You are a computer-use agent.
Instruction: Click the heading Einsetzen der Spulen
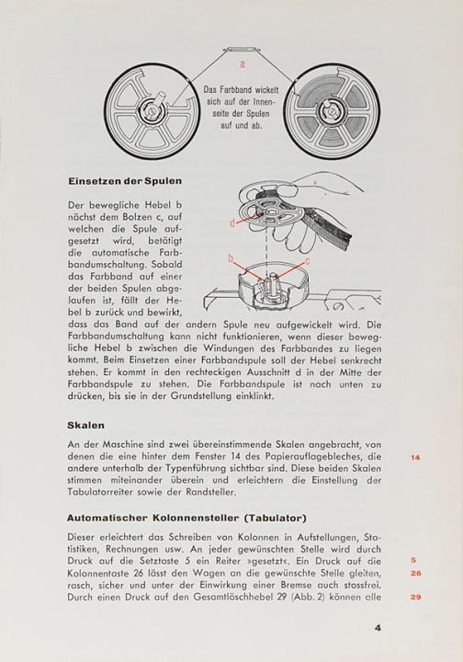tap(125, 181)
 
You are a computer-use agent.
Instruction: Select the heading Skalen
tap(85, 425)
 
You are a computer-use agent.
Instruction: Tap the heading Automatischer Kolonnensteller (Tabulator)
tap(186, 518)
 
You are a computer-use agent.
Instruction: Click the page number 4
tap(378, 627)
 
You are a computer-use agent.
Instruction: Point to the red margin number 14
tap(415, 457)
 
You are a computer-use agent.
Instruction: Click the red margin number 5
tap(413, 560)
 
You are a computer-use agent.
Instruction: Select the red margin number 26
tap(416, 573)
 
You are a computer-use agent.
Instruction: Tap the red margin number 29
tap(416, 597)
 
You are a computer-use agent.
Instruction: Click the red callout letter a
tap(242, 64)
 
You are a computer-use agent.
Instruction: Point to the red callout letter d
tap(232, 223)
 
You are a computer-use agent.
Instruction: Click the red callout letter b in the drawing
tap(231, 258)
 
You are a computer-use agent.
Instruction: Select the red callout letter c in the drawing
tap(308, 262)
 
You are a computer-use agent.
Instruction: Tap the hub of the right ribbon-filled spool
tap(332, 111)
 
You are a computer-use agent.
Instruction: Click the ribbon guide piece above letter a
tap(242, 50)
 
